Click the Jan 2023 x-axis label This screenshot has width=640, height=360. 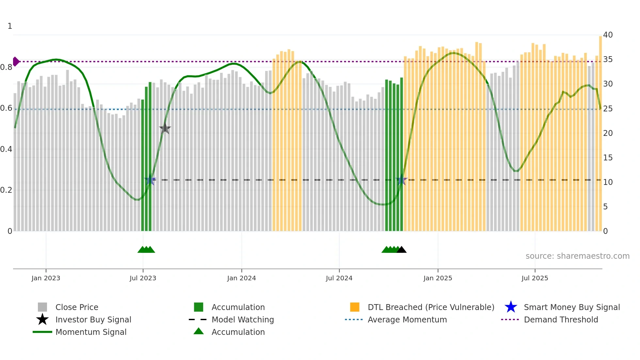pos(46,278)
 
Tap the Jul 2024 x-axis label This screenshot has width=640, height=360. pos(339,278)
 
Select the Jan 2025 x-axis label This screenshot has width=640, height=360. pos(438,278)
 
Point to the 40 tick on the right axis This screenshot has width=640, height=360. pos(608,35)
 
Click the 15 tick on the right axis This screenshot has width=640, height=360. pos(608,158)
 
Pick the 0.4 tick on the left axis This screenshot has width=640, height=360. pos(6,149)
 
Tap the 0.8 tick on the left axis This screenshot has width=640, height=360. pos(6,67)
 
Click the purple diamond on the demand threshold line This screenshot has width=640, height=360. pos(16,61)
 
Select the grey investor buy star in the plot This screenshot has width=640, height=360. pos(165,128)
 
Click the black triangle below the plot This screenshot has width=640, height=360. pos(401,250)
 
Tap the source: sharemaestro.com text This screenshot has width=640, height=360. pos(577,256)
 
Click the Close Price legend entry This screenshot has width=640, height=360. pos(77,307)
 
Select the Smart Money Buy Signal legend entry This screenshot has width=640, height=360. pos(571,307)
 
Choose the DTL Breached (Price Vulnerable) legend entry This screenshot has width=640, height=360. pos(431,307)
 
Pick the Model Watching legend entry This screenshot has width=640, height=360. pos(243,319)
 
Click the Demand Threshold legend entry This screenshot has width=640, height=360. pos(561,319)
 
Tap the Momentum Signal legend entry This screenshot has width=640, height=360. pos(91,332)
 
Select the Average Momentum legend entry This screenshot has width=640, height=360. pos(407,319)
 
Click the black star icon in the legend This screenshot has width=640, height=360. pos(42,319)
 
